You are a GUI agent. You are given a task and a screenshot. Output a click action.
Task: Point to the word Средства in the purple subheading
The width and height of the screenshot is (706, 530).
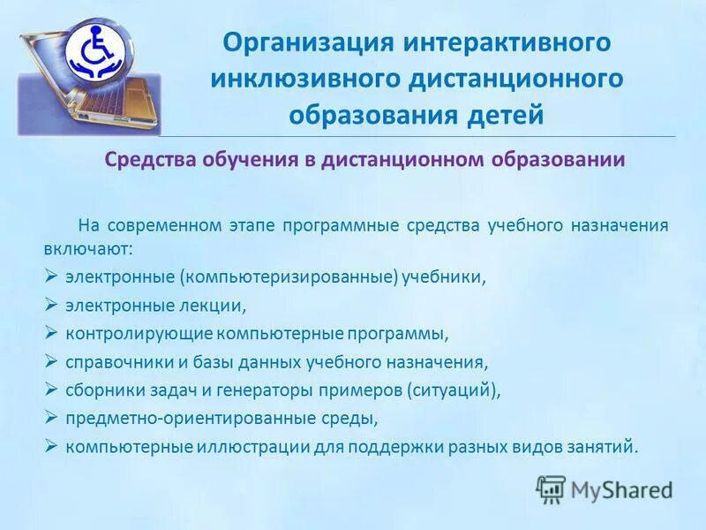(149, 160)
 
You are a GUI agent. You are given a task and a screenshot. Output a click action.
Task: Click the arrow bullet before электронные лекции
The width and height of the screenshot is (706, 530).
(51, 305)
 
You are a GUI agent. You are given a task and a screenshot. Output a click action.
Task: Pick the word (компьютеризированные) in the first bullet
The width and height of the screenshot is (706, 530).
(289, 276)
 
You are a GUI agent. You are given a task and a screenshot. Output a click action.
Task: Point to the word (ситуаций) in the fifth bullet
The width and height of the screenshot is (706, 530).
(453, 390)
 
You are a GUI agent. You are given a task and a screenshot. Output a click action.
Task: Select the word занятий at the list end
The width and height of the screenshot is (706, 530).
(606, 446)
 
